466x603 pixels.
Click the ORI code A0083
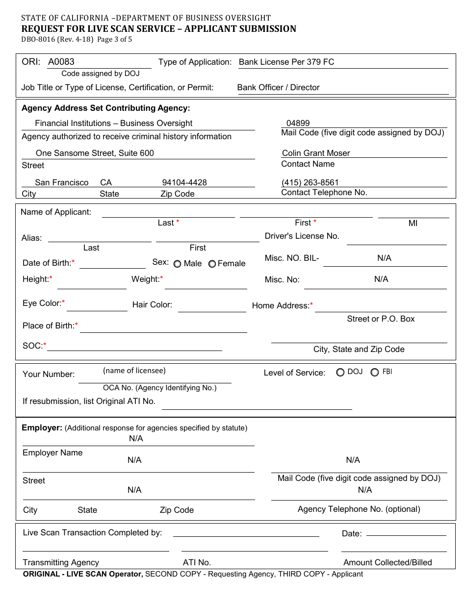pos(61,62)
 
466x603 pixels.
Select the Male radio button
pos(177,264)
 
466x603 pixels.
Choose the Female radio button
pos(212,264)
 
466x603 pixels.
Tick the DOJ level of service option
pos(340,373)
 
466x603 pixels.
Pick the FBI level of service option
pos(375,373)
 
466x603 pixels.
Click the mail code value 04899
pos(298,124)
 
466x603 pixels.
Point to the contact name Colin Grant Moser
pos(316,153)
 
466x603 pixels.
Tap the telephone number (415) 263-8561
pos(310,182)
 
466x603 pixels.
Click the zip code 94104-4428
pos(184,182)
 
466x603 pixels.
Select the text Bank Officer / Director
pos(278,87)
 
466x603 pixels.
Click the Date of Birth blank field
pos(112,264)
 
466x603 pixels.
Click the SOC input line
pos(134,346)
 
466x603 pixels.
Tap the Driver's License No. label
pos(302,236)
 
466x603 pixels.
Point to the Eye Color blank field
pos(97,306)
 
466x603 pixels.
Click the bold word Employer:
pos(42,427)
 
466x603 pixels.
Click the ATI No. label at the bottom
pos(197,562)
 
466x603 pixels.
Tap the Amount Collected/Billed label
pos(388,562)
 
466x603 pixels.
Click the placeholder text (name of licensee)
pos(134,371)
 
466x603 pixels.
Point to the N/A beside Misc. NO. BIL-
pos(384,258)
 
